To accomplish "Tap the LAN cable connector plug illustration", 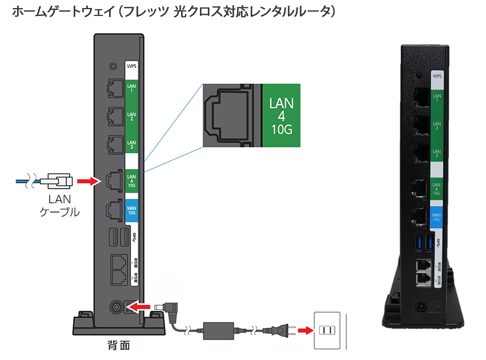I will click(x=59, y=181).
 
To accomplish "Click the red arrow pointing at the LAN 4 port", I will click(x=87, y=181).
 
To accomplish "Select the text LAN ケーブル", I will click(x=59, y=206).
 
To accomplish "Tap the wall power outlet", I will click(x=327, y=331).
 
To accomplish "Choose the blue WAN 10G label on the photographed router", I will click(x=437, y=217).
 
